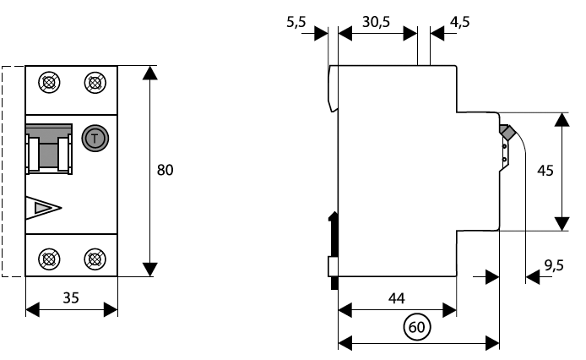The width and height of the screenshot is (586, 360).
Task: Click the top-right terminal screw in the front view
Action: (x=95, y=83)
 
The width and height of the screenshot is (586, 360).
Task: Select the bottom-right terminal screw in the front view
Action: (x=95, y=259)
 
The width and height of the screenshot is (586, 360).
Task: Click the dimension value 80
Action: (x=165, y=171)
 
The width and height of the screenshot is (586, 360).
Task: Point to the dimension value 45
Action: (x=545, y=171)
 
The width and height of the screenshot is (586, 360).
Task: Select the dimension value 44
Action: (x=397, y=297)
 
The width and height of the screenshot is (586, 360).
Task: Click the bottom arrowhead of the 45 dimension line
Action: (x=562, y=223)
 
